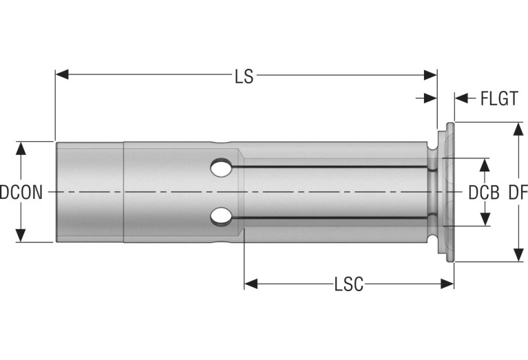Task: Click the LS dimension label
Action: point(244,76)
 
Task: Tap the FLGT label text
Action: point(499,98)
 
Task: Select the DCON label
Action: point(21,193)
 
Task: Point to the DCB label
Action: point(484,193)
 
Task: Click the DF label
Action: point(518,193)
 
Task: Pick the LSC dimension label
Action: point(349,284)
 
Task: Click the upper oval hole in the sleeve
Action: point(221,168)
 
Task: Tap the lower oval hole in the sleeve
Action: point(221,217)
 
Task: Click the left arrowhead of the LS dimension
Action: point(62,74)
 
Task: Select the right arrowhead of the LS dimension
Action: point(430,75)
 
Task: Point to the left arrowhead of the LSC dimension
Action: point(251,284)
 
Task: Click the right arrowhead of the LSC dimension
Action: point(447,284)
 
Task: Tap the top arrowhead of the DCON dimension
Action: point(21,149)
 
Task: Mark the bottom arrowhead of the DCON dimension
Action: point(21,235)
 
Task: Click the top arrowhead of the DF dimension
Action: point(518,129)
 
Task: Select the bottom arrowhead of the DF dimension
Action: point(518,255)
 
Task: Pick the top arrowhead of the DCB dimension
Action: point(485,165)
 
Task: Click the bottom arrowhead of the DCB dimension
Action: point(485,219)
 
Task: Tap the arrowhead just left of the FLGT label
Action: point(462,98)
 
